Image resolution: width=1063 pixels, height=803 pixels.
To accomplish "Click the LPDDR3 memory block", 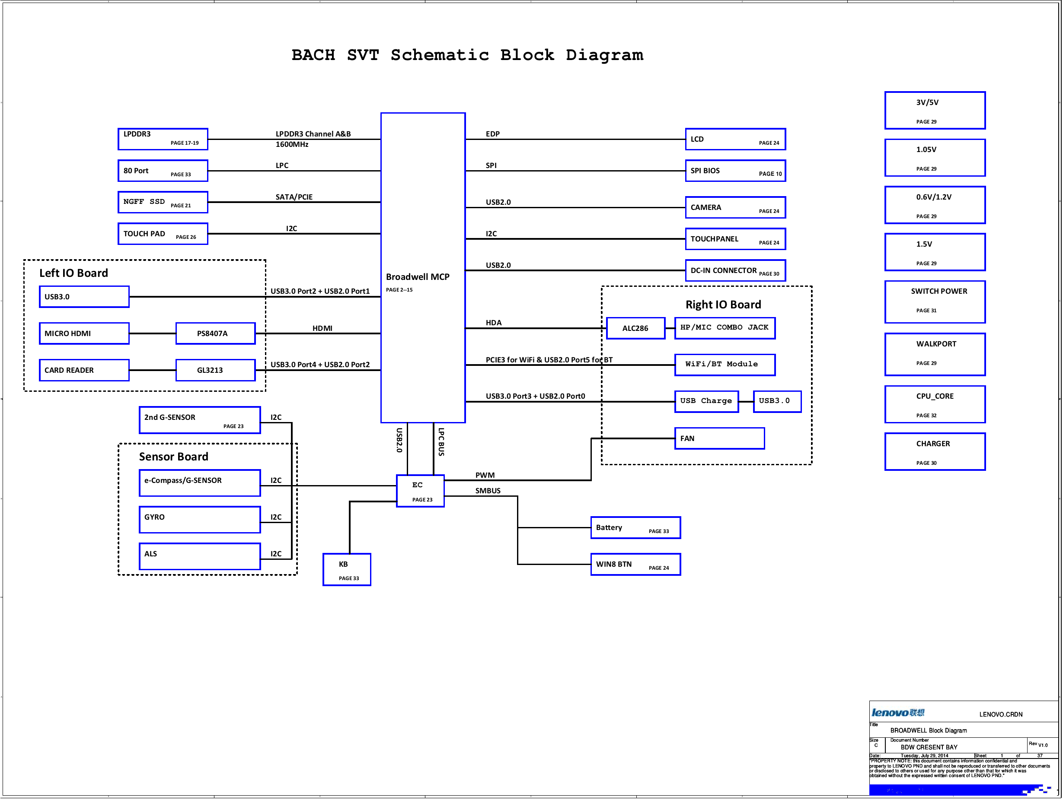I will pos(163,139).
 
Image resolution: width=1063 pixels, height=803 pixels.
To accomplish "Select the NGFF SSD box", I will pos(163,202).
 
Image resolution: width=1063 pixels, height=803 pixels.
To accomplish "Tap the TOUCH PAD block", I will pos(163,234).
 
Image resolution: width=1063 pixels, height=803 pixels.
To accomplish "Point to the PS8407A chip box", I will pos(215,333).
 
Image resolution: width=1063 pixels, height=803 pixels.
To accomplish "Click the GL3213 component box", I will pos(215,370).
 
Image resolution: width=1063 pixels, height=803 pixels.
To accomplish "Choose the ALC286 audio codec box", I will pos(635,328).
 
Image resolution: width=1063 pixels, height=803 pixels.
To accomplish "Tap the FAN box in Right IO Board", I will pos(719,438).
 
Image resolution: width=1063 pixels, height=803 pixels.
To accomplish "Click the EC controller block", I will pos(420,491).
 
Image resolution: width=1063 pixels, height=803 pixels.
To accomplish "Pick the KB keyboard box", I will pos(347,570).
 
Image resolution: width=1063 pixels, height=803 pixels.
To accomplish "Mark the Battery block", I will pos(635,528).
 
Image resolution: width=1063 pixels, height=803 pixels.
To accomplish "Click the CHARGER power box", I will pos(935,451).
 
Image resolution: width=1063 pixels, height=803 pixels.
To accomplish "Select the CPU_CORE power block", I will pos(935,404).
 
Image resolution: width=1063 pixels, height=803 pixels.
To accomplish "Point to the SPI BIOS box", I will pos(735,171).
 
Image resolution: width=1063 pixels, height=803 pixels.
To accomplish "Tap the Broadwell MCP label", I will pos(418,277).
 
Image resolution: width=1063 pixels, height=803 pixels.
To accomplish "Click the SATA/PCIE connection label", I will pos(294,197).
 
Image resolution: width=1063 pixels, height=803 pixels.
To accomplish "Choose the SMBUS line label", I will pos(488,491).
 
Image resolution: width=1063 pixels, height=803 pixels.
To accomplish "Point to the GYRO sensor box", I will pos(199,520).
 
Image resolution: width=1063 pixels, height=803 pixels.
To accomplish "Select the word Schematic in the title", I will pos(439,55).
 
